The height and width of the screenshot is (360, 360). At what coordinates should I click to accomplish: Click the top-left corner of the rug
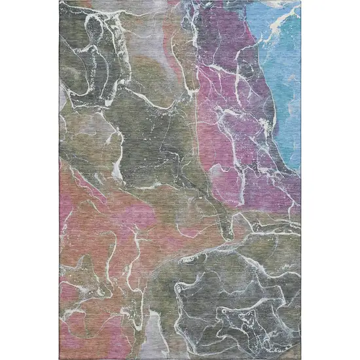click(x=60, y=1)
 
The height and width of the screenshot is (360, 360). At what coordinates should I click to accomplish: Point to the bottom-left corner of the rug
click(x=60, y=358)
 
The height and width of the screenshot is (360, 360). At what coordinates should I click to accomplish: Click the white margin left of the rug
click(x=29, y=180)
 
